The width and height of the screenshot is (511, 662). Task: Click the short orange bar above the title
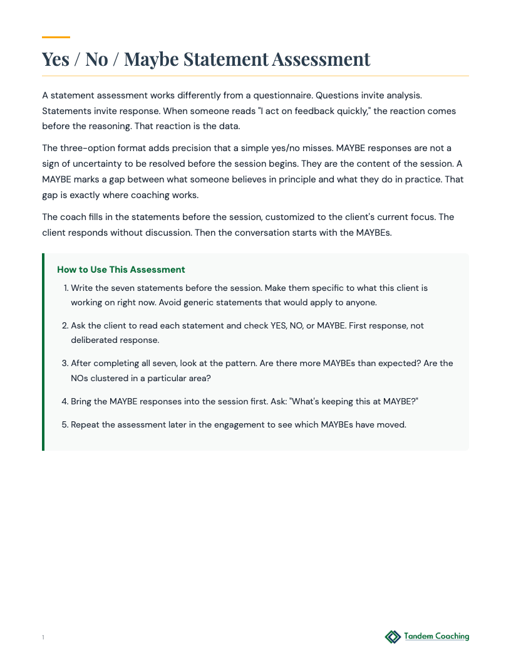click(x=56, y=37)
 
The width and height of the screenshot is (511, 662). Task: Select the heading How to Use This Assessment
click(x=121, y=270)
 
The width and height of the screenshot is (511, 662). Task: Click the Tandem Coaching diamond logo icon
click(x=393, y=637)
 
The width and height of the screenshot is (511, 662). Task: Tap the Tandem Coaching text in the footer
click(x=436, y=636)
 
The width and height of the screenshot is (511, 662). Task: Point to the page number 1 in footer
click(x=43, y=638)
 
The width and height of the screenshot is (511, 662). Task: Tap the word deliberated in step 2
click(x=95, y=340)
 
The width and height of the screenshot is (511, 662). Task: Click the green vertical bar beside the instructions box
click(x=43, y=352)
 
